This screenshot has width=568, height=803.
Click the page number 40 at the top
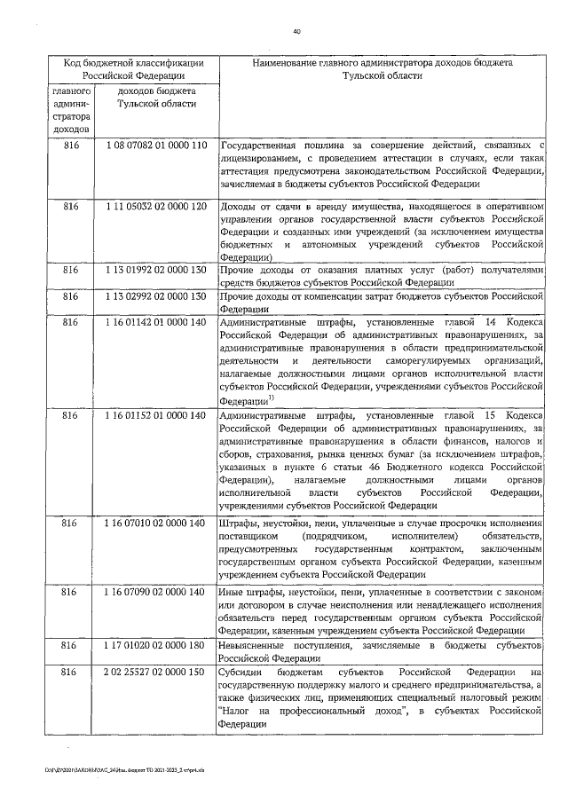click(297, 32)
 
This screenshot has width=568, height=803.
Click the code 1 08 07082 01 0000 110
click(155, 145)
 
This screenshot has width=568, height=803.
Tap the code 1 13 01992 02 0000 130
click(155, 269)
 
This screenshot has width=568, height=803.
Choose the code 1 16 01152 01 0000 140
click(155, 414)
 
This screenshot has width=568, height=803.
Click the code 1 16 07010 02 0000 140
click(155, 524)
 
